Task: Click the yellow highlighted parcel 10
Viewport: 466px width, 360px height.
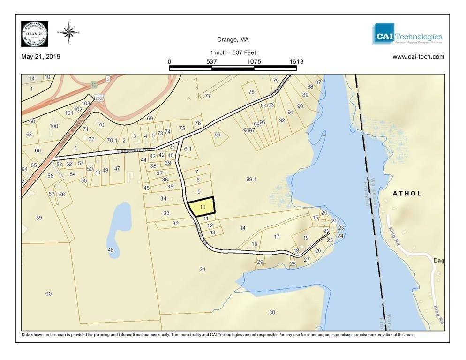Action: pos(202,207)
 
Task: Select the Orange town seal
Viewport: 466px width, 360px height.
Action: pos(34,34)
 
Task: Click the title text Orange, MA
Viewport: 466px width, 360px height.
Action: pos(233,40)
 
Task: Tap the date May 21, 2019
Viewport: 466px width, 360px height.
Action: pos(41,57)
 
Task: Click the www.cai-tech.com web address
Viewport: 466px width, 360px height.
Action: pos(418,57)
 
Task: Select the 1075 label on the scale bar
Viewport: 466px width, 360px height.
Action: pos(254,61)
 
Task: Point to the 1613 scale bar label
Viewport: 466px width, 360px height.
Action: pos(296,61)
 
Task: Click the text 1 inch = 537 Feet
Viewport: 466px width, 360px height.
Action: pos(233,52)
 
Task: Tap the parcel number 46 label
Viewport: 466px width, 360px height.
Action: pos(111,250)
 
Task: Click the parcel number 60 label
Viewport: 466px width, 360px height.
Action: pos(48,293)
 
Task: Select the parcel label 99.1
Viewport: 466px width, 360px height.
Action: pos(252,179)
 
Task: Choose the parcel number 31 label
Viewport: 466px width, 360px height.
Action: pos(203,269)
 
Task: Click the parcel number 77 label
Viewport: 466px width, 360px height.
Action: pos(208,96)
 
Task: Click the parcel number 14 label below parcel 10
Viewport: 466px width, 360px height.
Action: pos(242,228)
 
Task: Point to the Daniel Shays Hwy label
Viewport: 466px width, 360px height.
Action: pos(73,130)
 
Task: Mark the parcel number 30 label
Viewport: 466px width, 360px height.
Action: pos(272,312)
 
